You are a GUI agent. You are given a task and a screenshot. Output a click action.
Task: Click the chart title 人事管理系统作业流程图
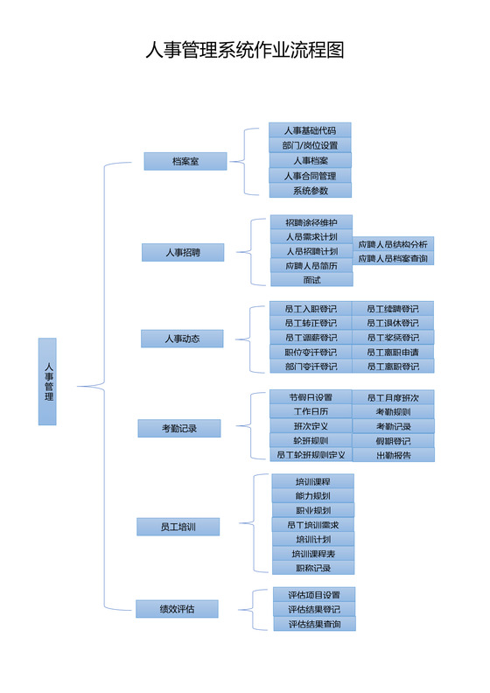coord(245,50)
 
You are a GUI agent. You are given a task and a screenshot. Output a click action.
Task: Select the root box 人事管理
coord(47,381)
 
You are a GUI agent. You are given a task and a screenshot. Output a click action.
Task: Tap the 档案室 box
coord(185,161)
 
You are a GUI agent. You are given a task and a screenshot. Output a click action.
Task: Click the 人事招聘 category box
coord(183,252)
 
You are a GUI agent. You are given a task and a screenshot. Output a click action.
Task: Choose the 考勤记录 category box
coord(178,428)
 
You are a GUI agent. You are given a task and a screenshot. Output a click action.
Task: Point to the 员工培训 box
coord(178,527)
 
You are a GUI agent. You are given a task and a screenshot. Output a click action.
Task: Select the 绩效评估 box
coord(176,609)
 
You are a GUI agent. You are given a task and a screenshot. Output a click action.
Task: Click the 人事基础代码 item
coord(310,130)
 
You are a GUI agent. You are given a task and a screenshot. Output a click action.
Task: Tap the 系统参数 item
coord(310,190)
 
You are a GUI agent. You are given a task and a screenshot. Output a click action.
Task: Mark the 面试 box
coord(311,279)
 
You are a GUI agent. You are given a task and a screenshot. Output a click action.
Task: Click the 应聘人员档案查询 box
coord(393,258)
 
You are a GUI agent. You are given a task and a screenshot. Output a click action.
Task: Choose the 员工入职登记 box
coord(311,308)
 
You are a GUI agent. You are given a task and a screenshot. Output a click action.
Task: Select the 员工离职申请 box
coord(393,352)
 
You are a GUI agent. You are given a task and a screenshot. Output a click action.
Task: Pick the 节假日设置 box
coord(311,397)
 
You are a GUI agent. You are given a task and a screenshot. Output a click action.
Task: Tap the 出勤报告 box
coord(393,455)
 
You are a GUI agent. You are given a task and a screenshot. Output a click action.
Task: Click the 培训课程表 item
coord(312,553)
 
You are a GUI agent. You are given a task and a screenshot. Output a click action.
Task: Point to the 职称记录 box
coord(312,568)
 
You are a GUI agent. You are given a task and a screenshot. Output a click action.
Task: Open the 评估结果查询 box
coord(314,624)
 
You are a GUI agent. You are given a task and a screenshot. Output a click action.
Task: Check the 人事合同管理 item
coord(310,175)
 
